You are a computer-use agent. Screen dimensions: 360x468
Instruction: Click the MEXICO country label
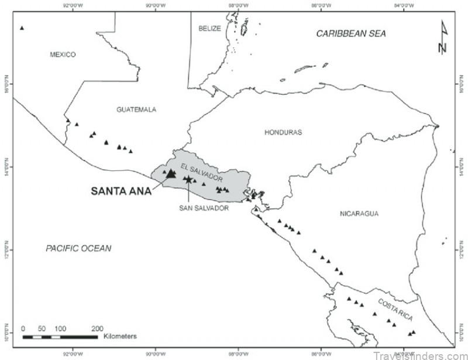coord(63,54)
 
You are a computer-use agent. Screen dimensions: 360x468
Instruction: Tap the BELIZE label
coord(209,28)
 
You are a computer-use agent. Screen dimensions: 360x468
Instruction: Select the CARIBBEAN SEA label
coord(351,33)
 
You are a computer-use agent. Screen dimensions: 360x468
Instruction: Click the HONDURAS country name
coord(283,132)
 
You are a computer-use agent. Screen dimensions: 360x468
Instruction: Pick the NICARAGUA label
coord(359,214)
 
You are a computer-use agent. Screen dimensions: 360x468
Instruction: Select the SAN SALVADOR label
coord(204,207)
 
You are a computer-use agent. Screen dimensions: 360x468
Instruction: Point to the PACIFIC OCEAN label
coord(78,249)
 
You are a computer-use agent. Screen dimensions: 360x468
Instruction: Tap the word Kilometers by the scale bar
coord(119,337)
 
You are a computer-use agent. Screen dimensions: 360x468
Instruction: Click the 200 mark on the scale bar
coord(97,328)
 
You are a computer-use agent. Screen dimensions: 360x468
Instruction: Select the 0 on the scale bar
coord(23,328)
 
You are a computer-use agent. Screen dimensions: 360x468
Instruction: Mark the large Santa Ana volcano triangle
coord(171,173)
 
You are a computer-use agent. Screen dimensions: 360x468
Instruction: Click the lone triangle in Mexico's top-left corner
coord(22,28)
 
